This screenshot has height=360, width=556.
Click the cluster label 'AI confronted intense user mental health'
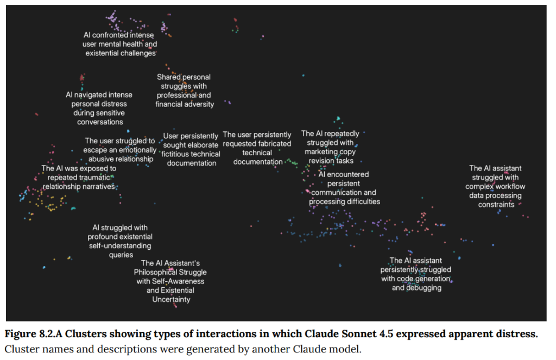pyautogui.click(x=119, y=44)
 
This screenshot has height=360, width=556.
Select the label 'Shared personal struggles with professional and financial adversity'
pyautogui.click(x=184, y=91)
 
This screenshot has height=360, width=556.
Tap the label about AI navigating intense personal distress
pyautogui.click(x=99, y=108)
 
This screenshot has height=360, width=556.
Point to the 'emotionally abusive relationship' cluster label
pyautogui.click(x=119, y=150)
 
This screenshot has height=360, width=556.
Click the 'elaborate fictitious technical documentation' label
pyautogui.click(x=192, y=149)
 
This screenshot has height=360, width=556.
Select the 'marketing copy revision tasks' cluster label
pyautogui.click(x=330, y=147)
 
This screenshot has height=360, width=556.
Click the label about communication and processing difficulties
pyautogui.click(x=344, y=188)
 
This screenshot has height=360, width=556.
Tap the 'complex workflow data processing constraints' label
pyautogui.click(x=496, y=186)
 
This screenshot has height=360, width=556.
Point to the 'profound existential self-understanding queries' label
pyautogui.click(x=120, y=241)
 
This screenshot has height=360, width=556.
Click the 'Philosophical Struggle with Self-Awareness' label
pyautogui.click(x=170, y=281)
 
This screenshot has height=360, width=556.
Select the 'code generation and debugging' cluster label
pyautogui.click(x=415, y=274)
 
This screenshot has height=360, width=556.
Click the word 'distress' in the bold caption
pyautogui.click(x=519, y=333)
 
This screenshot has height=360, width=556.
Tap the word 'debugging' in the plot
pyautogui.click(x=424, y=288)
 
